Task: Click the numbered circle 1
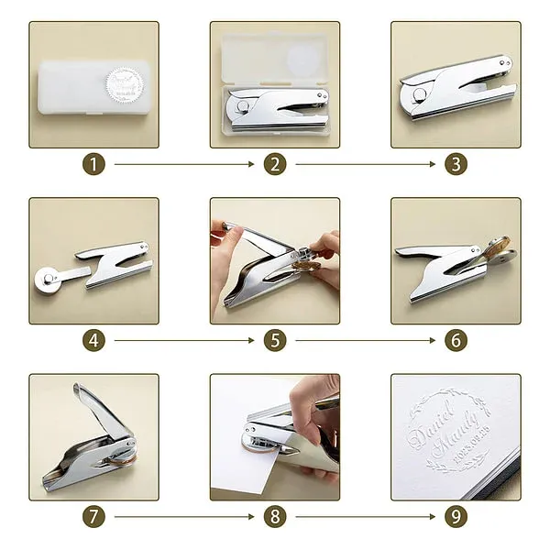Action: [93, 165]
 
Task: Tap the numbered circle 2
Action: [275, 165]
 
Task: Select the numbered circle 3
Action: [456, 165]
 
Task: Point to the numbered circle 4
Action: [93, 341]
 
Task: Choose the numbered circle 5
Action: [275, 341]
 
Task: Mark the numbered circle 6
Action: [456, 341]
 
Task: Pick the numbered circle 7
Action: [93, 517]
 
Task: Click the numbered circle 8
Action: [275, 517]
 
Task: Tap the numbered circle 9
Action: [456, 517]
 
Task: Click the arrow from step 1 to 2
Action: [183, 165]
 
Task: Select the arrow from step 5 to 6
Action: [365, 341]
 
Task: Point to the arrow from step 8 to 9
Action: [365, 517]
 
